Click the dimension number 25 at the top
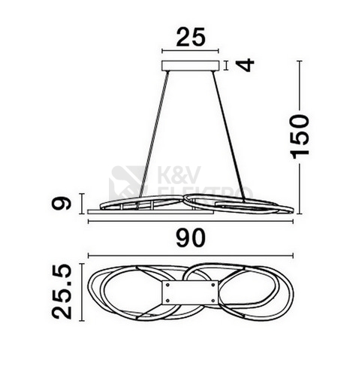coord(191,37)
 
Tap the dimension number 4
coord(245,65)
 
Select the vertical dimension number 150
coord(300,137)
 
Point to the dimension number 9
coord(62,203)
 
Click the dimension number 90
coord(191,238)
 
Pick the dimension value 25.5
coord(62,292)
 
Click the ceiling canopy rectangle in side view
coord(191,65)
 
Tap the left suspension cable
coord(154,134)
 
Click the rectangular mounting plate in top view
coord(190,292)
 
